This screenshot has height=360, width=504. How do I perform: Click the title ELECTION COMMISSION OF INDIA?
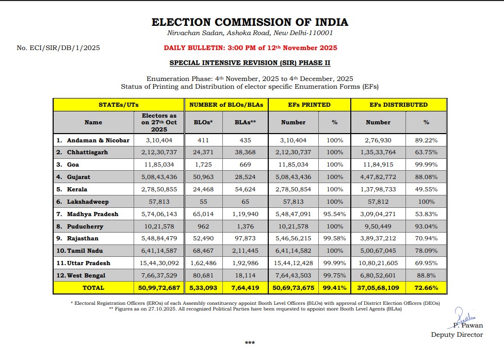coord(250,22)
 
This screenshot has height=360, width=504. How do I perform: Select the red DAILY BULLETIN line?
coord(250,48)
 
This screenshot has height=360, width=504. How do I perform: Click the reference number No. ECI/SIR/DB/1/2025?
coord(58,48)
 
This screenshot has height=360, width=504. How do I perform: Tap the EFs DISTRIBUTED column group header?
coord(398,105)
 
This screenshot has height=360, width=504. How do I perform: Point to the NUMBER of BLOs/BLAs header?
coord(226,105)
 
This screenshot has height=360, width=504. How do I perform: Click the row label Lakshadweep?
coord(88,202)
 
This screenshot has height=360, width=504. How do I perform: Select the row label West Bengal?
coord(86,275)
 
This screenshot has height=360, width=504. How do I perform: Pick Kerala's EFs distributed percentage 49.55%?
coord(426,189)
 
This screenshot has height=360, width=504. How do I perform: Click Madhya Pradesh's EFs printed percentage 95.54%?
coord(335,214)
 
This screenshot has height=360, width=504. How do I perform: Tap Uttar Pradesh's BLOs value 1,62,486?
coord(205,263)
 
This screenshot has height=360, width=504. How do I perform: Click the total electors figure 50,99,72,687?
coord(159,288)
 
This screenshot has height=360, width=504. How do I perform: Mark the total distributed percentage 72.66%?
coord(426,288)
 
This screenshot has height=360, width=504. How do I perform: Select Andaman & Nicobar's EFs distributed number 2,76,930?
coord(378,140)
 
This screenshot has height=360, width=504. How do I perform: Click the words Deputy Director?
coord(457,335)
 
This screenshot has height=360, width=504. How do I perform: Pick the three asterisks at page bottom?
coord(250,343)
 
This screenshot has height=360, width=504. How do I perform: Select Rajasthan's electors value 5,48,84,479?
coord(159,238)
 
